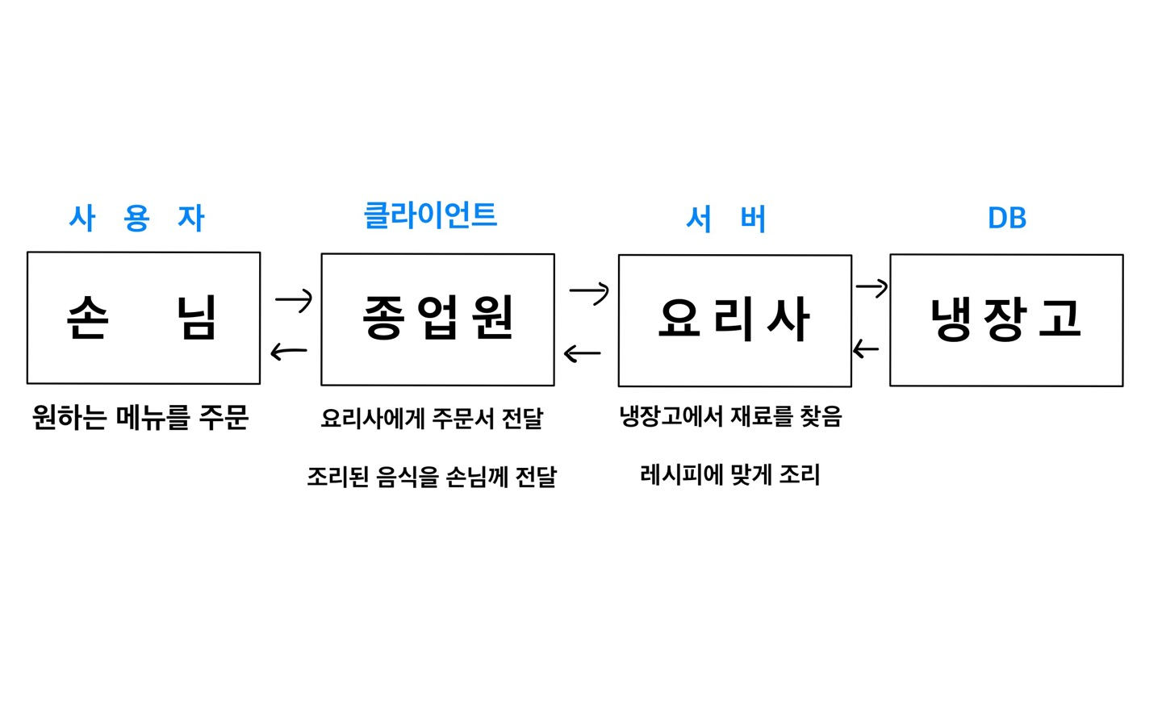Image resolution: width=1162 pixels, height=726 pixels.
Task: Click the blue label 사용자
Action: tap(137, 218)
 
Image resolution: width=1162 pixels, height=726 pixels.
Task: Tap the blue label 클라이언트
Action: tap(430, 215)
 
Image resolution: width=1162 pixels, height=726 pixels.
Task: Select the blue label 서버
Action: tap(725, 219)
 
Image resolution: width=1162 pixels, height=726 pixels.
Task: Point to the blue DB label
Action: tap(1006, 218)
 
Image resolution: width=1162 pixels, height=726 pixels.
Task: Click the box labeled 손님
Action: tap(144, 318)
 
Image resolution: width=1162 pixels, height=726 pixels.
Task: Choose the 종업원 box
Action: tap(437, 319)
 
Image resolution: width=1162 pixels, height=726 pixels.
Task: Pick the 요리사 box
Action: tap(734, 321)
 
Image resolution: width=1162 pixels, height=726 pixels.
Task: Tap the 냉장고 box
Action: tap(1006, 320)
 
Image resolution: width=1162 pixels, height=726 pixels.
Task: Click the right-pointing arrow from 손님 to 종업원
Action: tap(294, 300)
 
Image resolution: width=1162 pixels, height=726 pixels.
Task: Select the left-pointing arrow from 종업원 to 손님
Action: tap(289, 352)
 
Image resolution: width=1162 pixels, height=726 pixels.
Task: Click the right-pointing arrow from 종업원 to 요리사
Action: tap(589, 291)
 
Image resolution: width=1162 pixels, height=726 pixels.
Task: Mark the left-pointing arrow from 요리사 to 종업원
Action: tap(582, 353)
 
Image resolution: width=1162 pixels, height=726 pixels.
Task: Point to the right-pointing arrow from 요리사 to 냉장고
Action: tap(871, 286)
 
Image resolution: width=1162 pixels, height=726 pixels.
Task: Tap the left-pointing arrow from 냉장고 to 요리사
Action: tap(866, 349)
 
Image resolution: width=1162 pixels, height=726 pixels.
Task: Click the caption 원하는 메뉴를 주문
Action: tap(140, 417)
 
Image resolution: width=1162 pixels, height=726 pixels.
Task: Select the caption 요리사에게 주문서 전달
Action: tap(432, 418)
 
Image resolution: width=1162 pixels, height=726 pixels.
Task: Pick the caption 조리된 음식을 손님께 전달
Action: tap(432, 477)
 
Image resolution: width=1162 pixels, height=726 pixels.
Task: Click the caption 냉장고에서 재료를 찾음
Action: tap(730, 416)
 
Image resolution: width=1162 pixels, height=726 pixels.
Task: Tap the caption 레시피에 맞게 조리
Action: tap(729, 474)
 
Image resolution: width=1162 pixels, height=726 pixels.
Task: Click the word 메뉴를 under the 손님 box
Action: tap(153, 417)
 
